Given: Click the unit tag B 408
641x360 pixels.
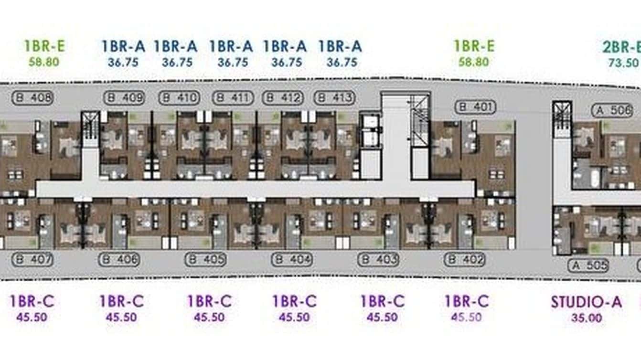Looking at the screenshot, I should (x=33, y=98).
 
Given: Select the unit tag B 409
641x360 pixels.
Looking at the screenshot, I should (x=124, y=98).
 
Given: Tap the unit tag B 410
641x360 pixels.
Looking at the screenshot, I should (x=179, y=98).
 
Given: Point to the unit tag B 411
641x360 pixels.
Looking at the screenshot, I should (x=233, y=98).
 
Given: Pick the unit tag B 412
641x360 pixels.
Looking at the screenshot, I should (x=283, y=98).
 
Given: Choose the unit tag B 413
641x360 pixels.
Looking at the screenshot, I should (x=335, y=98).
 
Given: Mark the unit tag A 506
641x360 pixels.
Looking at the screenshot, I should (x=612, y=110).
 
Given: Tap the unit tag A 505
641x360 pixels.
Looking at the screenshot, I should (x=588, y=265).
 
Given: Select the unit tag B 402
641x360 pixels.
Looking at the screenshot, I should (x=465, y=260).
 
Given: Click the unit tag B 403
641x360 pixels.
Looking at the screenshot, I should (x=379, y=260).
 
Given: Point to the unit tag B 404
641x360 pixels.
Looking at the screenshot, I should (x=292, y=260).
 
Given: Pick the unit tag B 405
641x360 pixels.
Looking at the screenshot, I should (x=206, y=260).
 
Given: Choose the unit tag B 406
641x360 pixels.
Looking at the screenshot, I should (x=119, y=260).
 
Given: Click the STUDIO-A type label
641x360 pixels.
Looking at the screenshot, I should (x=586, y=302).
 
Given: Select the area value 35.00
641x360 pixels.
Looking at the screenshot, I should (x=586, y=318).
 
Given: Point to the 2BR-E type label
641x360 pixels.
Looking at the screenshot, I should (x=621, y=47).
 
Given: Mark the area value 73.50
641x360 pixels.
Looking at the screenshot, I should (x=623, y=62).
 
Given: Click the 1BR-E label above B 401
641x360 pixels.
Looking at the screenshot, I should (x=474, y=46).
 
